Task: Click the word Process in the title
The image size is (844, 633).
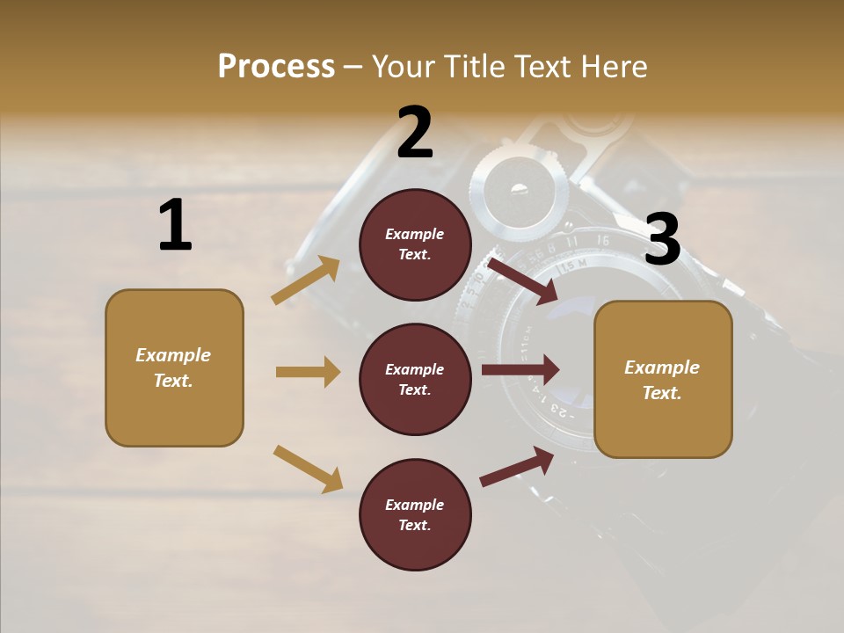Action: (276, 67)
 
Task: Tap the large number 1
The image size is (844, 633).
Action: (175, 226)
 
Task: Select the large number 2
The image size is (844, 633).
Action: (415, 133)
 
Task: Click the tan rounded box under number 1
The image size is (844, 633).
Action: (174, 367)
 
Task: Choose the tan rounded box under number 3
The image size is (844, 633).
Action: (663, 379)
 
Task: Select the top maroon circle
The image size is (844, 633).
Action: (415, 244)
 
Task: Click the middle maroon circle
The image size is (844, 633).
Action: (415, 379)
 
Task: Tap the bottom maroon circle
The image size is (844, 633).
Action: (415, 514)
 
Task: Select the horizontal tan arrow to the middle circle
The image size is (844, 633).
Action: (308, 372)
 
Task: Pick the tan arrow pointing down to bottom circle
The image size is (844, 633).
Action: (308, 469)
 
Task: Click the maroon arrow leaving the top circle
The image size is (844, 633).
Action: (522, 280)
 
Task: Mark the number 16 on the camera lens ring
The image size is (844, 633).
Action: (602, 239)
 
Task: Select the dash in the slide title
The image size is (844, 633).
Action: (353, 68)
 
